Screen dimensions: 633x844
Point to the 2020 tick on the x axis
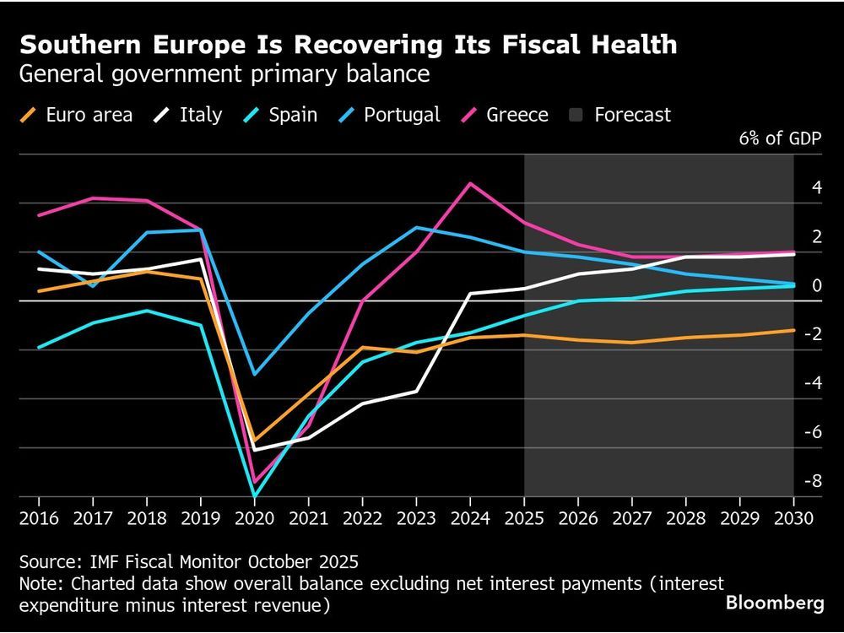pyautogui.click(x=254, y=517)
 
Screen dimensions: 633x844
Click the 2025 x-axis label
pyautogui.click(x=524, y=517)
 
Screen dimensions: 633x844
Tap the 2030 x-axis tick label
pyautogui.click(x=793, y=517)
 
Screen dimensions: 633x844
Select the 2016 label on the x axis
pyautogui.click(x=39, y=517)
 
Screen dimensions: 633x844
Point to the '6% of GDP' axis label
pyautogui.click(x=780, y=139)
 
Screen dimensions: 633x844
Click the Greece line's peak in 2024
pyautogui.click(x=470, y=183)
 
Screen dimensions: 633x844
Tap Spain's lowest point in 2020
pyautogui.click(x=254, y=496)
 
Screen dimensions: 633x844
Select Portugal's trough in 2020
pyautogui.click(x=254, y=374)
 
